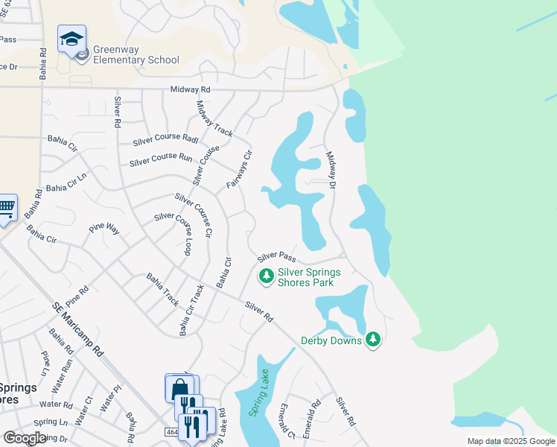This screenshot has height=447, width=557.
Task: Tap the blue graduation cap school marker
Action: [x=71, y=39]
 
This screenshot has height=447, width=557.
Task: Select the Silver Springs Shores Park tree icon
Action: [x=265, y=277]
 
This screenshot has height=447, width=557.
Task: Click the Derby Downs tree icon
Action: [x=373, y=340]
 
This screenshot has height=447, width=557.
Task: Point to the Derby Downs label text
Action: [x=331, y=340]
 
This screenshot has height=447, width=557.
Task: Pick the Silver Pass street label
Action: [x=277, y=257]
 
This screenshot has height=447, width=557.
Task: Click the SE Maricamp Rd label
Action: [x=77, y=329]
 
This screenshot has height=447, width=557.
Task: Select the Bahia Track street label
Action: [x=162, y=289]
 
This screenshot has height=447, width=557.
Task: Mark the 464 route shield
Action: [x=171, y=432]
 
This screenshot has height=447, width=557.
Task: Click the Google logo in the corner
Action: [x=24, y=438]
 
